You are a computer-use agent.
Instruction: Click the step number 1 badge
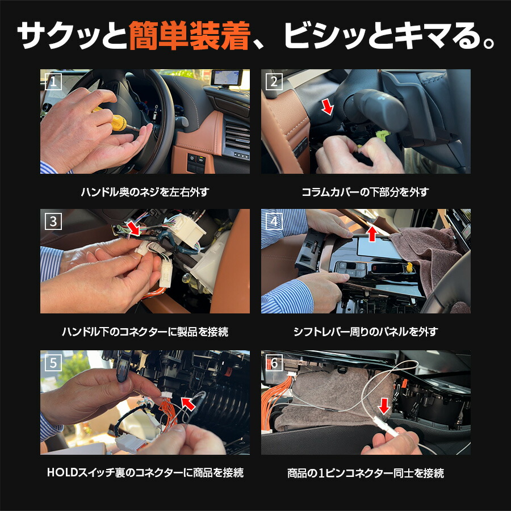(x=53, y=82)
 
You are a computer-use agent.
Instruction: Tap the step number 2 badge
(x=274, y=82)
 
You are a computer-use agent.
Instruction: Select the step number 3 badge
(x=53, y=222)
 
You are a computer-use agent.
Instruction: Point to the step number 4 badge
(x=274, y=222)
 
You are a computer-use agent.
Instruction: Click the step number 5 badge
(x=53, y=363)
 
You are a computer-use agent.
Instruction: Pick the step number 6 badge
(x=274, y=363)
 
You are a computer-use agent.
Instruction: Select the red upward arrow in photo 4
(x=371, y=232)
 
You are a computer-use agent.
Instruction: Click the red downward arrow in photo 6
(x=384, y=405)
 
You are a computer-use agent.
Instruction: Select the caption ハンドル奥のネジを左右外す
(x=144, y=192)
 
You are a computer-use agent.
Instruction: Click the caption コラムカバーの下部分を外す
(x=365, y=192)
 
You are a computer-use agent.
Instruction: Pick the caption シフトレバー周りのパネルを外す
(x=365, y=332)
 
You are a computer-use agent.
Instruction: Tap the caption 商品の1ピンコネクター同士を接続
(x=365, y=472)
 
